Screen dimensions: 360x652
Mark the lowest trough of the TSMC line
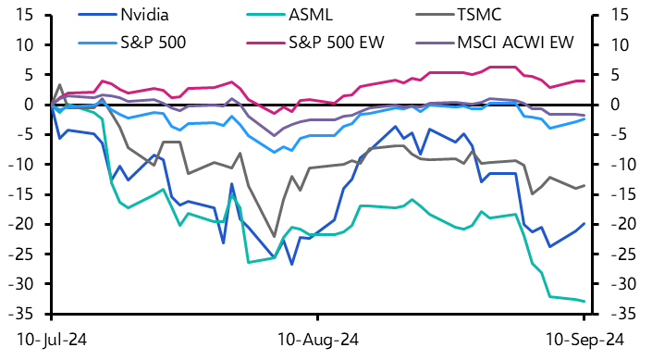click(x=274, y=236)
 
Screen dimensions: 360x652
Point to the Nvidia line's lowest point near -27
click(x=291, y=264)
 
